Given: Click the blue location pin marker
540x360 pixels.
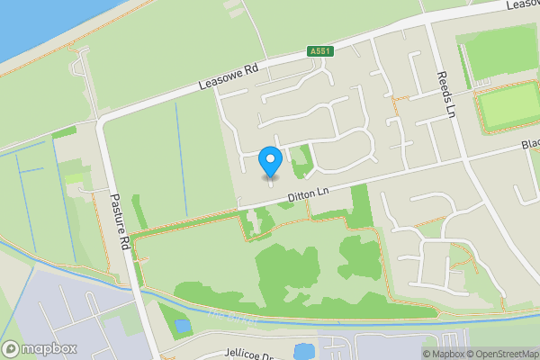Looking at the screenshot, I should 270,162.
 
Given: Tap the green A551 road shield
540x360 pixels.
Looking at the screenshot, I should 320,51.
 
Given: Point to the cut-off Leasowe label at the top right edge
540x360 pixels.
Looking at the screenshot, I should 522,5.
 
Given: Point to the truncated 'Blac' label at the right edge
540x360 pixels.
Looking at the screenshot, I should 529,144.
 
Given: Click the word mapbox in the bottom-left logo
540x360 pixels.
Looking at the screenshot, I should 49,348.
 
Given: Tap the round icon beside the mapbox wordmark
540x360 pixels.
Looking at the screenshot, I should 12,348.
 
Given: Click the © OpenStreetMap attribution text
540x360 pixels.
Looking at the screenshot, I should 506,353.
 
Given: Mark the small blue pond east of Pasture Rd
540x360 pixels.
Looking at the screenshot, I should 183,326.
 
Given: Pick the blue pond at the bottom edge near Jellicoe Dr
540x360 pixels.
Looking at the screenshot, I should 304,351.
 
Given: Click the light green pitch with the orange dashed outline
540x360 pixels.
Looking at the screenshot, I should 508,109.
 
